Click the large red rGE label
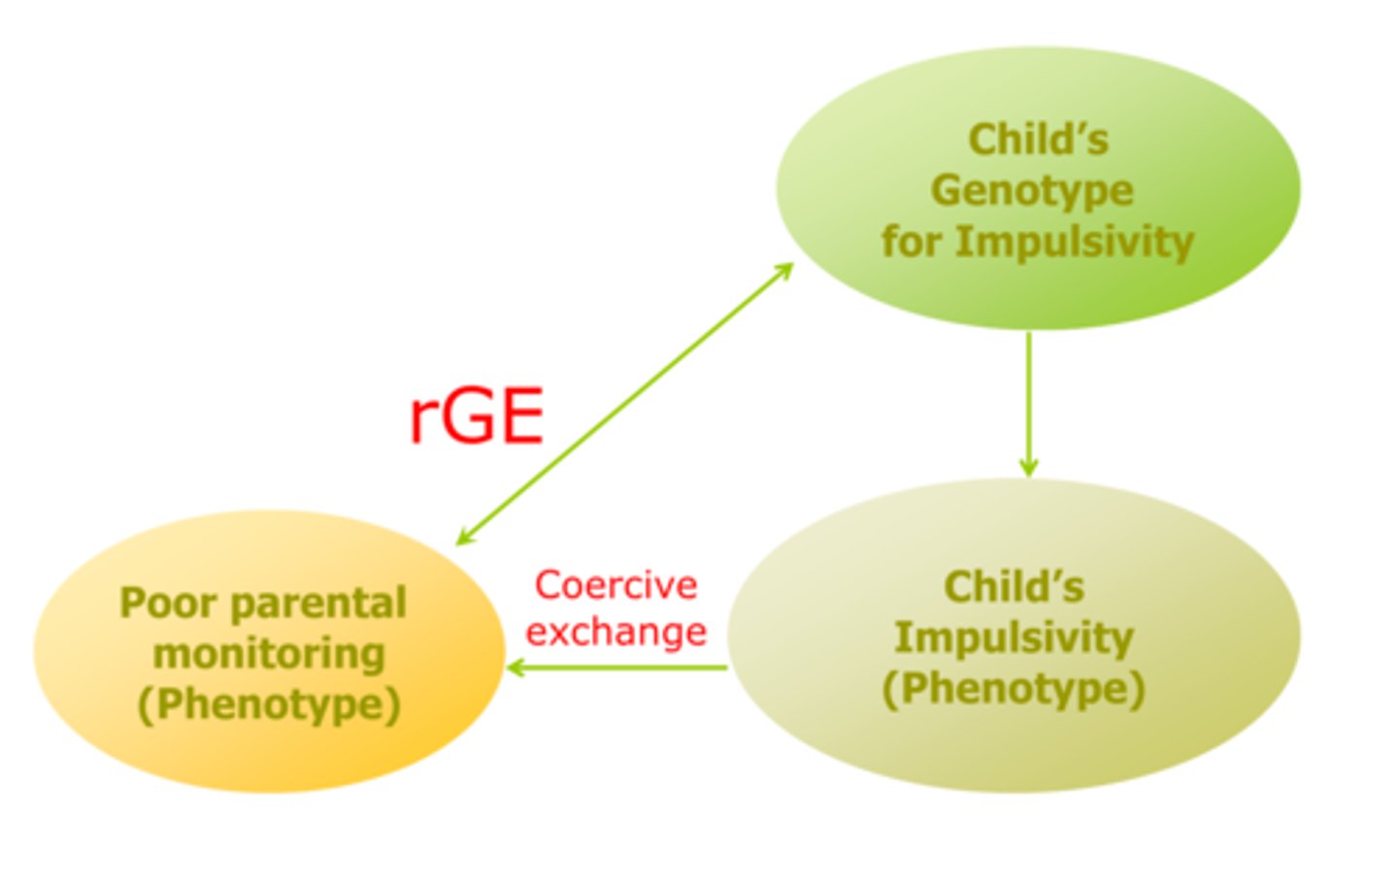[x=476, y=415]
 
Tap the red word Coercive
[x=616, y=585]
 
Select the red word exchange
[x=616, y=632]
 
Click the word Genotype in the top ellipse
[x=1032, y=190]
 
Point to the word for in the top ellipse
[x=912, y=241]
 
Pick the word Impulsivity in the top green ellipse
[x=1075, y=241]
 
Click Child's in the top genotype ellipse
[x=1038, y=140]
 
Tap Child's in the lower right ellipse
[x=1014, y=587]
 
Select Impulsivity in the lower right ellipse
[x=1014, y=638]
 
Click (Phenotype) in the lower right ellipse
[x=1014, y=689]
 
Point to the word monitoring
[x=269, y=653]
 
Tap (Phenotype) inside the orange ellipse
[x=269, y=704]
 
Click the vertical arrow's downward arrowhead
[x=1028, y=467]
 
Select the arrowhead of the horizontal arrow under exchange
[x=516, y=668]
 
